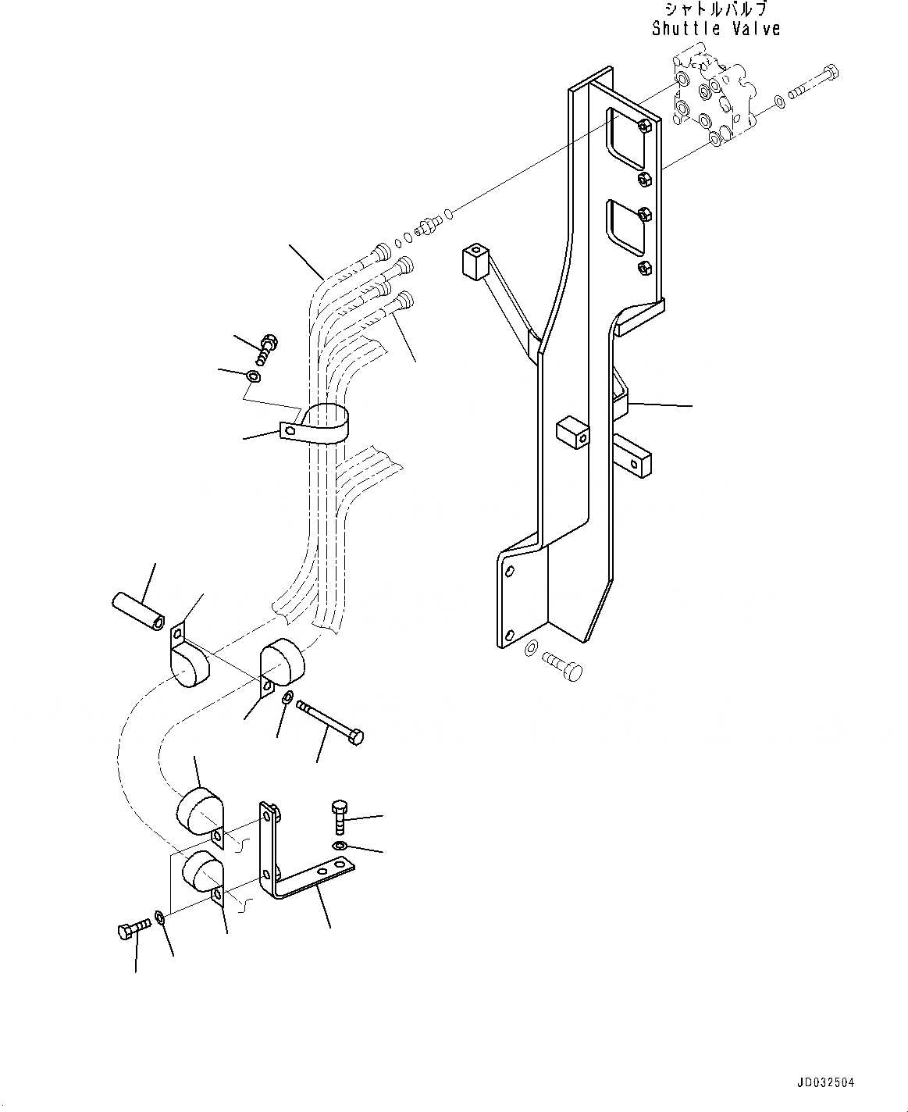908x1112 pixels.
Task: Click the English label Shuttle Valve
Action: point(715,29)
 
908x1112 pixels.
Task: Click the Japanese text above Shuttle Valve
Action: point(715,10)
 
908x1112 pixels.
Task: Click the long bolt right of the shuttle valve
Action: point(816,84)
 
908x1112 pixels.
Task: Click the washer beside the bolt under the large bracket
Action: point(531,647)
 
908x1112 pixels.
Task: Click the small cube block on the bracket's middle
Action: point(573,432)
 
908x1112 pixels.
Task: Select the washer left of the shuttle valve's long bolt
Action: point(779,101)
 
